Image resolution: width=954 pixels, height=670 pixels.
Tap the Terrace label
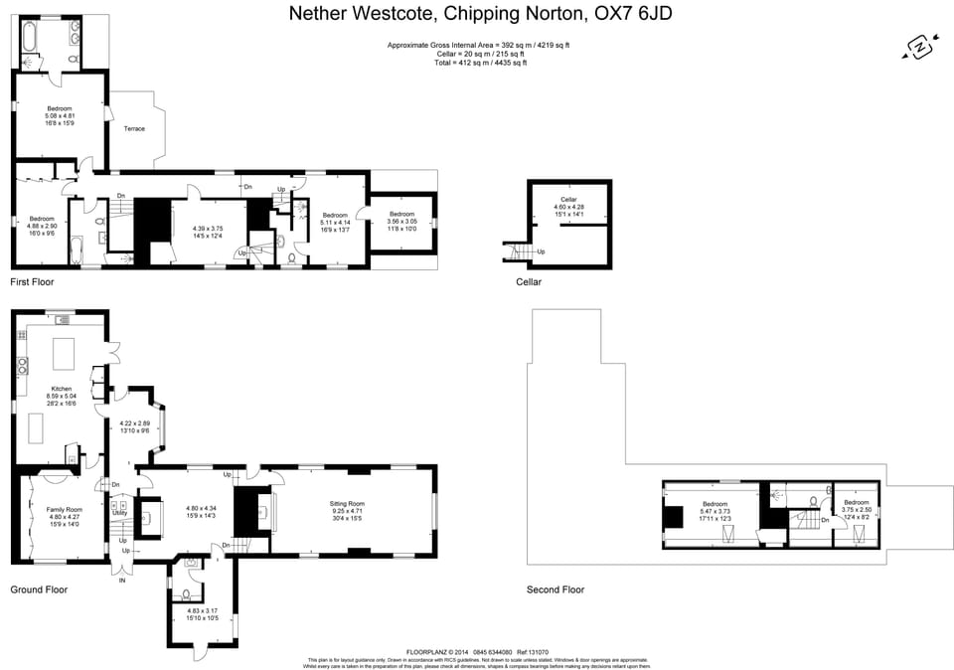(134, 129)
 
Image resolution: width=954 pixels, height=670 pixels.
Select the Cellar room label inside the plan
(568, 200)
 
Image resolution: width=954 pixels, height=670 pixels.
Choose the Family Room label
(64, 509)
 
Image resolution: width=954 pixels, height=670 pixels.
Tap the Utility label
(119, 513)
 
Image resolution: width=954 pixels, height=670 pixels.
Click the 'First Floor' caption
(32, 282)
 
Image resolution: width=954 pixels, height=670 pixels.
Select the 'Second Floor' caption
(556, 589)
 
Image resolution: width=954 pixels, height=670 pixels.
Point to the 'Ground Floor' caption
(38, 589)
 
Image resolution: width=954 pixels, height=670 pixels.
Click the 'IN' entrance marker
(122, 580)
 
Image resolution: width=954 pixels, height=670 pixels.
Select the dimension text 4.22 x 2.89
(134, 423)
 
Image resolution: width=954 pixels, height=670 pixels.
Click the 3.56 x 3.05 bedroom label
(401, 220)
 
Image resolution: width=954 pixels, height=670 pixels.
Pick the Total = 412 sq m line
(480, 63)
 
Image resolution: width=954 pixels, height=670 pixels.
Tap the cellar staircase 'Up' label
(541, 251)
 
